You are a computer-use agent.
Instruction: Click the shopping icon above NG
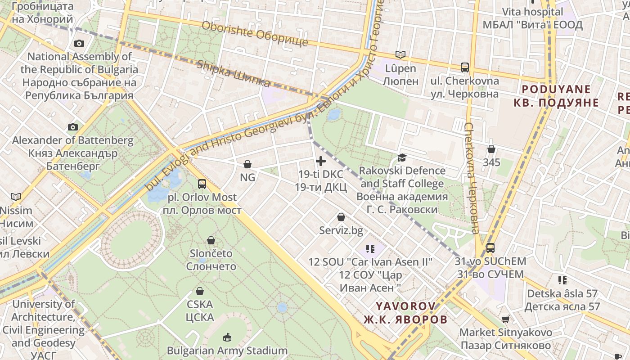pyautogui.click(x=247, y=164)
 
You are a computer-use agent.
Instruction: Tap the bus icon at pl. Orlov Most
pyautogui.click(x=202, y=184)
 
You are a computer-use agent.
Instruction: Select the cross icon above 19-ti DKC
pyautogui.click(x=321, y=161)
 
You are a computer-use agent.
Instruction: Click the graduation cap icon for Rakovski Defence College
pyautogui.click(x=401, y=157)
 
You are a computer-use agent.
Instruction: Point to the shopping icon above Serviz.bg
pyautogui.click(x=341, y=217)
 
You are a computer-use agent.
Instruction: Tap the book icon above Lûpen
pyautogui.click(x=400, y=55)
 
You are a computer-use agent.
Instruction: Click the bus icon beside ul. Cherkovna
pyautogui.click(x=465, y=67)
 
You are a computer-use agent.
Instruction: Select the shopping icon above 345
pyautogui.click(x=491, y=148)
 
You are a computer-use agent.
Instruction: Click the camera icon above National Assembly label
pyautogui.click(x=79, y=43)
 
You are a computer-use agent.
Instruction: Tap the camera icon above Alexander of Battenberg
pyautogui.click(x=73, y=127)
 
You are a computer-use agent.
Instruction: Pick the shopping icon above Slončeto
pyautogui.click(x=211, y=240)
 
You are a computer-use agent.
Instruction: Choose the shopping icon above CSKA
pyautogui.click(x=200, y=291)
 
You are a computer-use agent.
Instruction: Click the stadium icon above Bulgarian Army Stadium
pyautogui.click(x=227, y=337)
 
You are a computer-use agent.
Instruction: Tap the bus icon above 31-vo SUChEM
pyautogui.click(x=490, y=247)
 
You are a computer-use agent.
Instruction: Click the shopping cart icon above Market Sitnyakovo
pyautogui.click(x=505, y=319)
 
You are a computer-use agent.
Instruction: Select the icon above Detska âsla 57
pyautogui.click(x=562, y=280)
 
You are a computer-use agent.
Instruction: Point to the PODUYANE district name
pyautogui.click(x=556, y=89)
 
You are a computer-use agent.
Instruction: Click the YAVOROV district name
pyautogui.click(x=406, y=306)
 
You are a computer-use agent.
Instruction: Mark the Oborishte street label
pyautogui.click(x=255, y=33)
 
